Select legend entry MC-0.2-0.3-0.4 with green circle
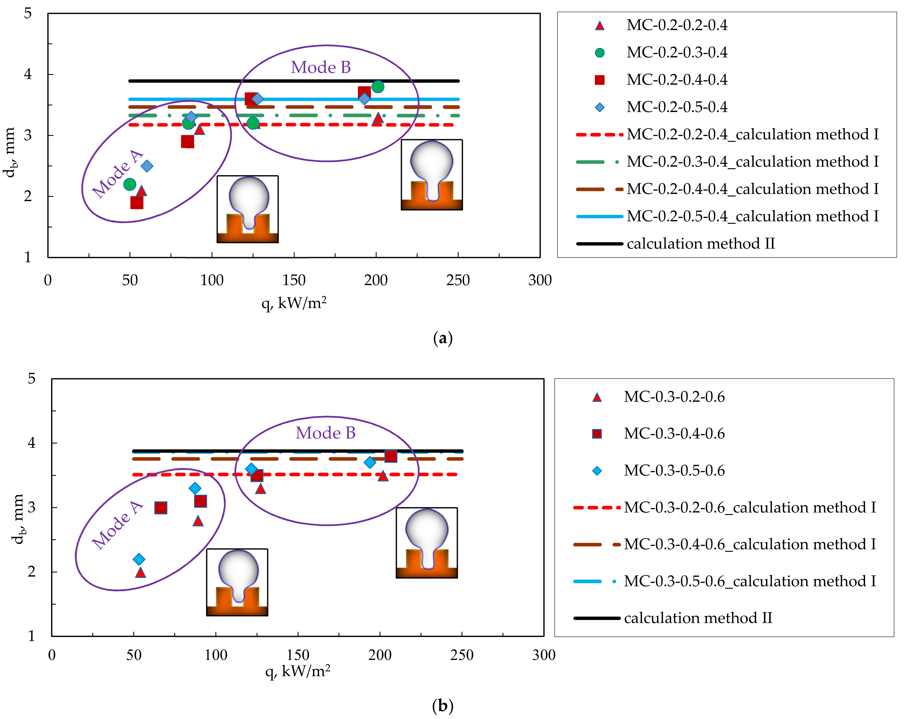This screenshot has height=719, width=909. (676, 52)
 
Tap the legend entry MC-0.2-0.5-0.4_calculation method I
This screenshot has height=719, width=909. (752, 216)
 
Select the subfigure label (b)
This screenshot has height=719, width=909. (442, 706)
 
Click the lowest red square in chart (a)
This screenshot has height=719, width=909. (136, 203)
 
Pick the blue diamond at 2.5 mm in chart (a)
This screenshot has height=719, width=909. (147, 166)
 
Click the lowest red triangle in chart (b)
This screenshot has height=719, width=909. (140, 573)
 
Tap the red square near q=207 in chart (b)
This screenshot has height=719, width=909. (390, 456)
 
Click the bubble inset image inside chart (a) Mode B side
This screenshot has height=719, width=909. (432, 175)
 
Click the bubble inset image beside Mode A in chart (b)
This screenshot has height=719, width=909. (237, 582)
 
